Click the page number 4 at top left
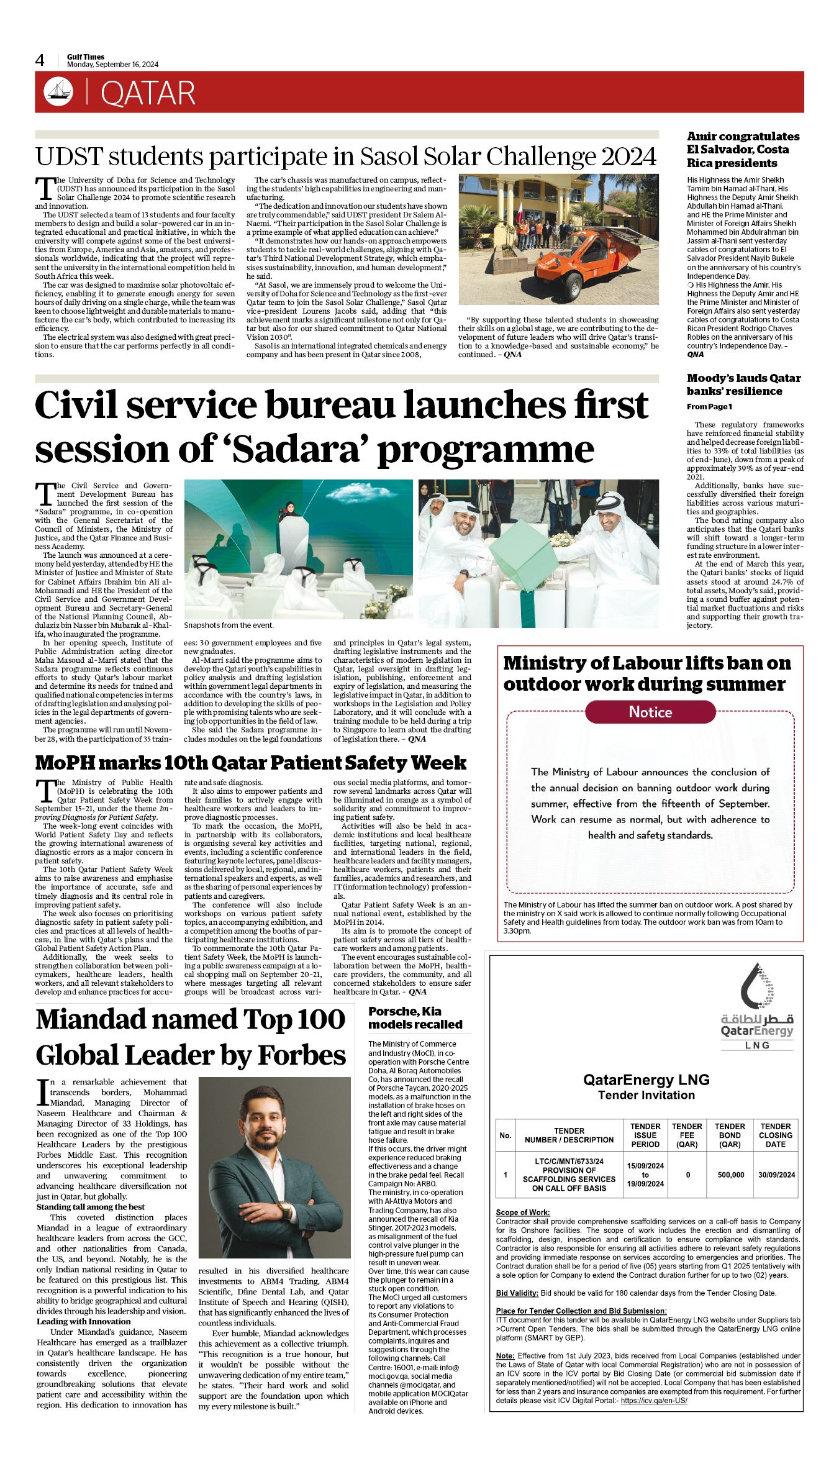(40, 60)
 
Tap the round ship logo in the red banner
(58, 92)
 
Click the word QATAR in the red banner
(148, 94)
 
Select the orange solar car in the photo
(579, 254)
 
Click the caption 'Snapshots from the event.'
(229, 625)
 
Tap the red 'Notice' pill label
(650, 712)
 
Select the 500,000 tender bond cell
(730, 1175)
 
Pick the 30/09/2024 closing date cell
(776, 1175)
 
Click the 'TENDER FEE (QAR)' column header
(687, 1135)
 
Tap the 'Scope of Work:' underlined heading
(522, 1212)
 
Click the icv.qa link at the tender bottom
(653, 1401)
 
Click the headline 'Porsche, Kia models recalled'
(415, 1017)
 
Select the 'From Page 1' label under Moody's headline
(709, 407)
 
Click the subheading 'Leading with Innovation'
(83, 1321)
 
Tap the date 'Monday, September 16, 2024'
(112, 65)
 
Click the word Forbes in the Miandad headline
(302, 1055)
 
